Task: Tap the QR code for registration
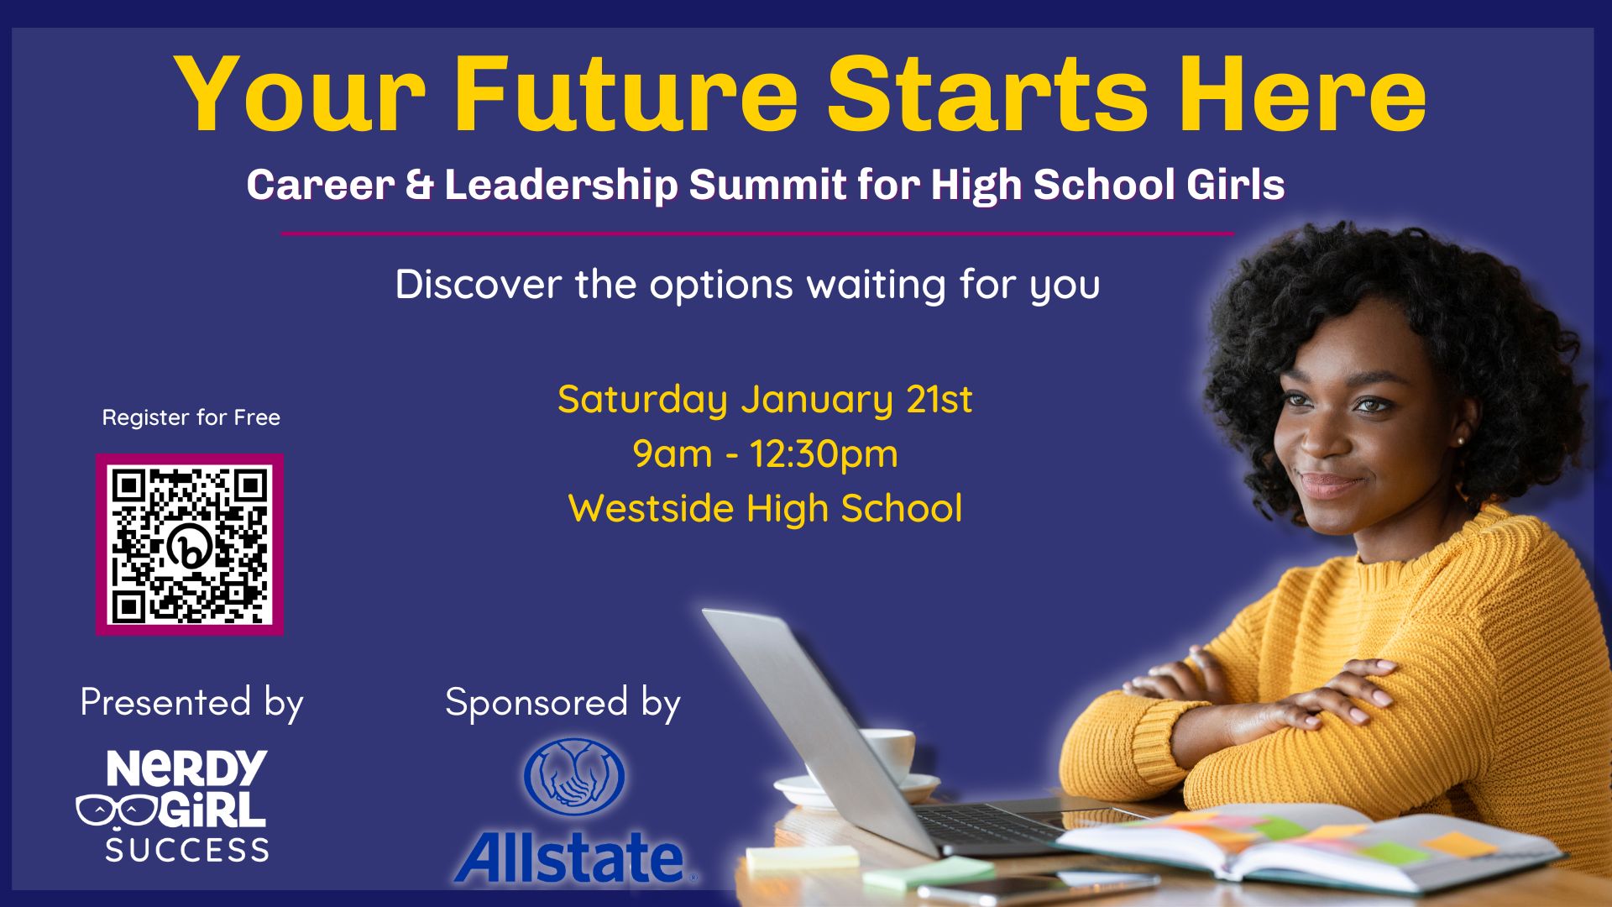coord(190,545)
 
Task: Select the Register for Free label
coord(191,417)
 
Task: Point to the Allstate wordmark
coord(571,857)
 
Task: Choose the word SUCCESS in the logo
coord(187,850)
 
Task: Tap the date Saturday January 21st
coord(765,399)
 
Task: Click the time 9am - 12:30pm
coord(765,453)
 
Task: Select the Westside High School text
coord(765,508)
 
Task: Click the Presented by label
coord(191,702)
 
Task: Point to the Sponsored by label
coord(563,702)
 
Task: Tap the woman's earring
coord(1461,439)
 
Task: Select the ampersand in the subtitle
coord(419,185)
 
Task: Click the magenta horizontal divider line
coord(756,233)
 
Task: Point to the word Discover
coord(478,284)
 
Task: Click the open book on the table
coord(1310,844)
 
